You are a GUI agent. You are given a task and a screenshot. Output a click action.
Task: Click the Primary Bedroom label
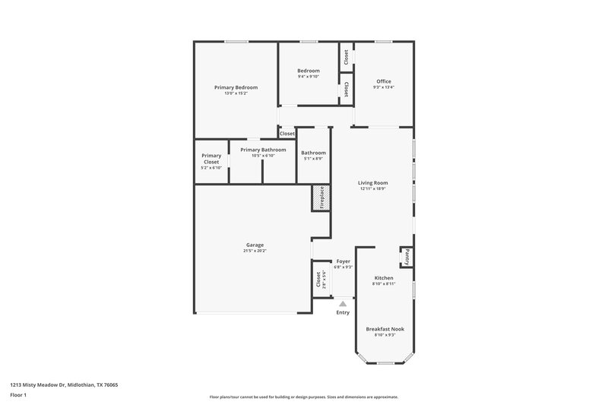coord(236,87)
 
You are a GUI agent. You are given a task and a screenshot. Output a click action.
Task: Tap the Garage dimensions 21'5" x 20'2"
coord(255,251)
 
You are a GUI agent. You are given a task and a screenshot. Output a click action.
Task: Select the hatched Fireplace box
coord(320,198)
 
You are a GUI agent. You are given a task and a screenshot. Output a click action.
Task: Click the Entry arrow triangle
coord(343,303)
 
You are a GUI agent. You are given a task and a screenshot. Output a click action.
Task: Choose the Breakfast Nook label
coord(385,329)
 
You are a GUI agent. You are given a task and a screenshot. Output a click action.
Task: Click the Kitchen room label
coord(384,278)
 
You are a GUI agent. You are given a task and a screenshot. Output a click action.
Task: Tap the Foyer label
coord(343,261)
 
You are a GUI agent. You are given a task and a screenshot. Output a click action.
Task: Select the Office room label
coord(384,81)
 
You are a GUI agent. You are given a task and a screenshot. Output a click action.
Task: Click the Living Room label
coord(373,182)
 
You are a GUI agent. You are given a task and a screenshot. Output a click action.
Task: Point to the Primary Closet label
coord(211,158)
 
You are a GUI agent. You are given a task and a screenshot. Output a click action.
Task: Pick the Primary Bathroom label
coord(263,150)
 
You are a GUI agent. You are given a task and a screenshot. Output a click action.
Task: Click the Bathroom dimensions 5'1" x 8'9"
coord(313,159)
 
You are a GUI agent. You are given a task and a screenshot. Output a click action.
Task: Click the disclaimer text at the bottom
coord(304,397)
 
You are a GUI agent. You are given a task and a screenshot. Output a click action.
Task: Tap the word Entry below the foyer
coord(343,312)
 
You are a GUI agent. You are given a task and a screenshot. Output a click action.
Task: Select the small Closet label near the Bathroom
coord(287,134)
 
